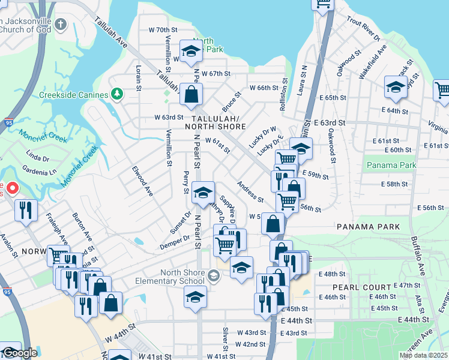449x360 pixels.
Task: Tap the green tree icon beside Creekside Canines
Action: [x=118, y=94]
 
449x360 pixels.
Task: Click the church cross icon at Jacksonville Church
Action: [x=60, y=25]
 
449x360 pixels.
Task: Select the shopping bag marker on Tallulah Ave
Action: [x=191, y=94]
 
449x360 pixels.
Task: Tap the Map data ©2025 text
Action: [x=423, y=355]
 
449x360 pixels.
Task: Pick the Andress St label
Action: [x=250, y=191]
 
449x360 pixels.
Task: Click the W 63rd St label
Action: [x=168, y=117]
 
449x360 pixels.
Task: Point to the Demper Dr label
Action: [x=174, y=245]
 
